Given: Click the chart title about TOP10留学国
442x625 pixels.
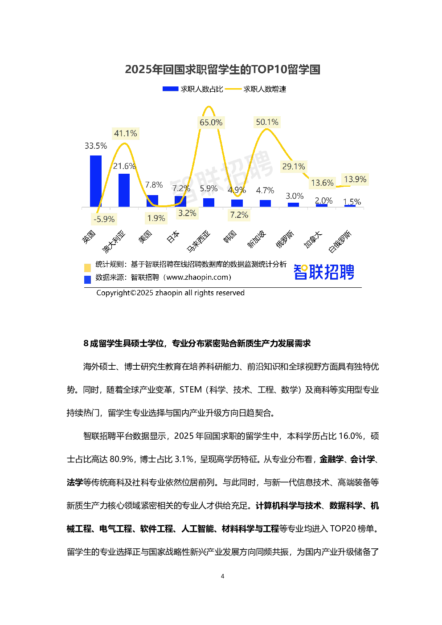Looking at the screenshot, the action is pos(222,69).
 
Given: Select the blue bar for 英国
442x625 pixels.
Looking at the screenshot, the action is pos(96,181).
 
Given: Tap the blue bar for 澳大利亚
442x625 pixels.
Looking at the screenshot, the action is pos(124,190).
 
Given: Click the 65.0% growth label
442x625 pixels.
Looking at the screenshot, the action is pos(211,122).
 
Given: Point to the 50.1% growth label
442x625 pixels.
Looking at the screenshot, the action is pos(267,122).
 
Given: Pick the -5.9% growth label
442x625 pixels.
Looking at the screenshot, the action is pos(104,219).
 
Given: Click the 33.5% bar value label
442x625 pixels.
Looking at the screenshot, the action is pos(96,146).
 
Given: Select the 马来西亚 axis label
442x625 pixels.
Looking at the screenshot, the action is pos(198,241).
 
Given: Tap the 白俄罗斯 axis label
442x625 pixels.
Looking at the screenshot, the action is pos(340,241).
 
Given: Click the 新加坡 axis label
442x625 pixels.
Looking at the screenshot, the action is pos(257,239).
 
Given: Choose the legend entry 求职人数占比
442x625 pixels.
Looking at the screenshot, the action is pos(193,89).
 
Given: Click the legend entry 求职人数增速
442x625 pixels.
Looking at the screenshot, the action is pos(256,89).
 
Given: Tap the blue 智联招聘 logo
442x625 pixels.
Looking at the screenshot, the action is pos(323,272).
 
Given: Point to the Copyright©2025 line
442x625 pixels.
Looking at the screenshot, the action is pos(170,293).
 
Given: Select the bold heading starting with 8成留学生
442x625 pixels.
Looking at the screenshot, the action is pos(197,343).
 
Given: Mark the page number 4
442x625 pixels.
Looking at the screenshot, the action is pos(222,576).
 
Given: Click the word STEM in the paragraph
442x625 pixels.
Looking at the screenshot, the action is pos(191,389).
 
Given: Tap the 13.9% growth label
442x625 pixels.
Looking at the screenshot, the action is pos(355,179).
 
